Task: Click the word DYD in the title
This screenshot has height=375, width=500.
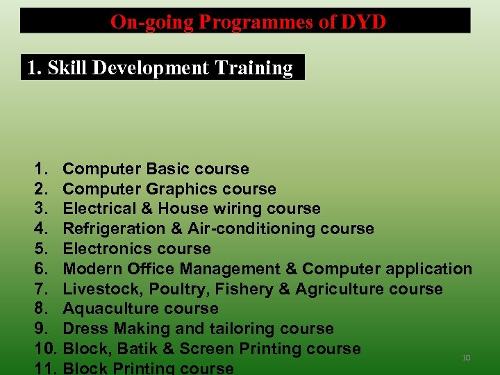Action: pyautogui.click(x=363, y=22)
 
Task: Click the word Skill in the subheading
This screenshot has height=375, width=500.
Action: pyautogui.click(x=67, y=68)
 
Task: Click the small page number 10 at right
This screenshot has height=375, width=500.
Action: pyautogui.click(x=466, y=358)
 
